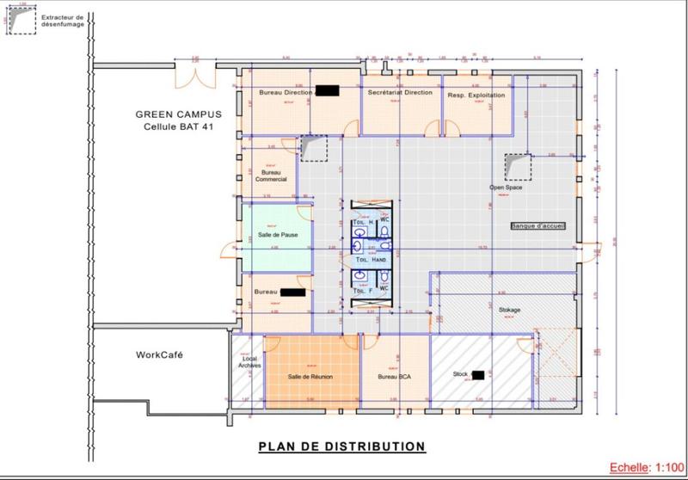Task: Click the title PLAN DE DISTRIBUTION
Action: pos(341,446)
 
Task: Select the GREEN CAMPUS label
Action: pos(178,114)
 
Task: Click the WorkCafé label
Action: pos(159,354)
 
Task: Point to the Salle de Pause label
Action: pos(277,235)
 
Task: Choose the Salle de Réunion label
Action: pos(310,377)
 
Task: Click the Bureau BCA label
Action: pos(395,377)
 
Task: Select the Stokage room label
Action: pos(509,310)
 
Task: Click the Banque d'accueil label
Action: pos(536,226)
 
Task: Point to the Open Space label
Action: pos(507,187)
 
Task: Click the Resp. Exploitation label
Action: pos(476,95)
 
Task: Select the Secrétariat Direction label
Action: pos(400,92)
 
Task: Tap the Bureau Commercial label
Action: pos(271,175)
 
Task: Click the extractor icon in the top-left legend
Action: pos(23,22)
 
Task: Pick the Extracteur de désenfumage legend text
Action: pos(65,21)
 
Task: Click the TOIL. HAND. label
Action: pos(372,259)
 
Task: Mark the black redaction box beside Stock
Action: pos(478,375)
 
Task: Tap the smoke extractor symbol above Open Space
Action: pos(519,165)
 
